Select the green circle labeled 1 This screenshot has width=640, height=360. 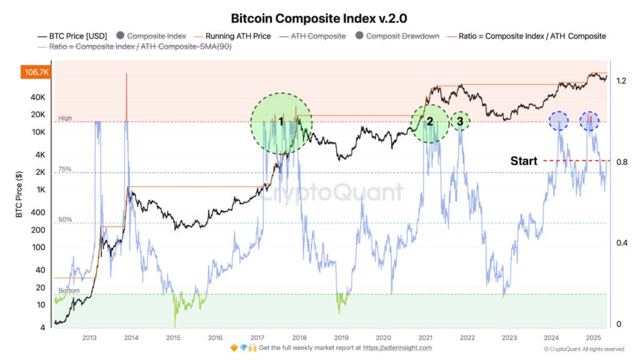[x=281, y=122]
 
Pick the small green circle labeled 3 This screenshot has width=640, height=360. [x=460, y=121]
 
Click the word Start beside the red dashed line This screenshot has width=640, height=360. [x=524, y=161]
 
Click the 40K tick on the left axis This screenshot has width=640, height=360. [x=37, y=97]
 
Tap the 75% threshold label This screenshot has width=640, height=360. [x=65, y=169]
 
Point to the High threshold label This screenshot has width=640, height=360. [x=64, y=118]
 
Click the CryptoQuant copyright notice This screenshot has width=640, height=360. [x=583, y=349]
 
